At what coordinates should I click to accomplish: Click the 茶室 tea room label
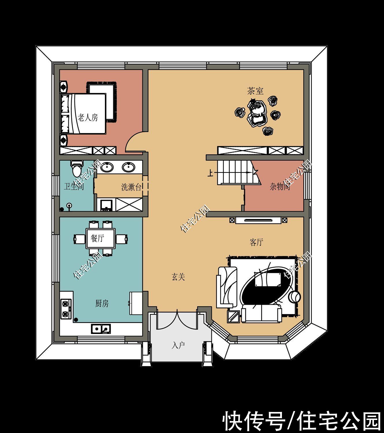pos(255,91)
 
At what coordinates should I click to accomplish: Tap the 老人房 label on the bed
pos(88,117)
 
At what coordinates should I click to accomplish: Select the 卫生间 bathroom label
pos(74,186)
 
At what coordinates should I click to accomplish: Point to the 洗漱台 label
pos(131,187)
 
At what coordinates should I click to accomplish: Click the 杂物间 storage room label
pos(280,186)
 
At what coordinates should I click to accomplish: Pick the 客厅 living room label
pos(256,242)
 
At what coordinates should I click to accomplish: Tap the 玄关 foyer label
pos(178,277)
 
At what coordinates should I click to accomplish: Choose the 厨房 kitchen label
pos(102,303)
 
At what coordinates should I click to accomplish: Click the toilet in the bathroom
pos(77,169)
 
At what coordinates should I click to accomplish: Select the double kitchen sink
pos(101,329)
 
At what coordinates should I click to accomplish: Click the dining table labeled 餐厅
pos(101,238)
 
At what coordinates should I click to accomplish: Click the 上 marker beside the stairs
pos(211,173)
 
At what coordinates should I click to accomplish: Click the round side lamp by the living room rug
pos(294,297)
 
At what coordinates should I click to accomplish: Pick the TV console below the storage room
pos(258,220)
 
